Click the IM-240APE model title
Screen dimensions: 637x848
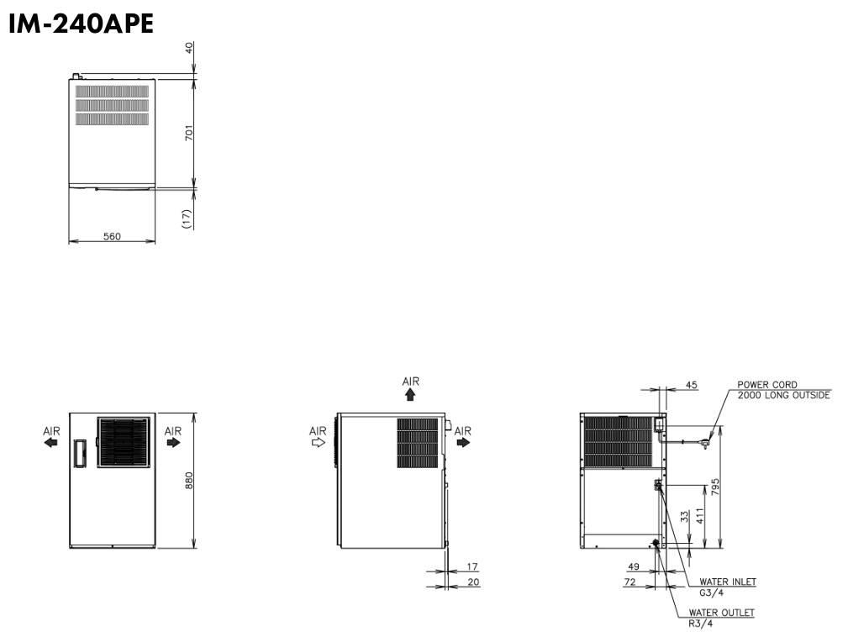tap(81, 24)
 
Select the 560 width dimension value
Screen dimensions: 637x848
tap(112, 236)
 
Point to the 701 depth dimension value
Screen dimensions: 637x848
tap(189, 132)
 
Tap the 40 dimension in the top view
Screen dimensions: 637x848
tap(189, 48)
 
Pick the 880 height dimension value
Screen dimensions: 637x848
tap(189, 480)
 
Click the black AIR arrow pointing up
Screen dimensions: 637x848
tap(410, 393)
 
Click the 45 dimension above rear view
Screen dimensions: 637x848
tap(691, 385)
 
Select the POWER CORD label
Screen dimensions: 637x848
tap(766, 385)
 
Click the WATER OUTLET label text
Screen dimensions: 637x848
tap(720, 613)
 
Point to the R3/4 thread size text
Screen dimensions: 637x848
tap(700, 624)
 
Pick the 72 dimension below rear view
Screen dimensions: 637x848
tap(630, 581)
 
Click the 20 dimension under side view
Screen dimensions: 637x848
tap(473, 582)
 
